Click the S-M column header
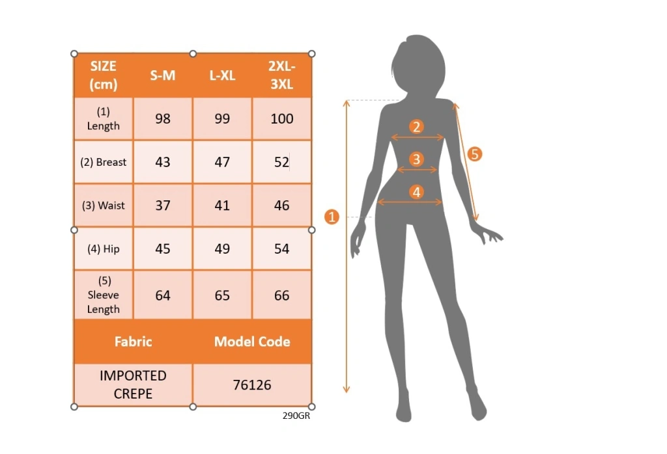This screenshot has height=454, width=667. coord(162,75)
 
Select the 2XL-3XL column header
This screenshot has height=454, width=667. coord(281,75)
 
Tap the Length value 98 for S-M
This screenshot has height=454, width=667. coord(162,118)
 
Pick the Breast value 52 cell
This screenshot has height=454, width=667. coord(281,162)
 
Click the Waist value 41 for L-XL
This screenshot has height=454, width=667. coord(222,205)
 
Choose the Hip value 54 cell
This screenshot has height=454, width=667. coord(281,248)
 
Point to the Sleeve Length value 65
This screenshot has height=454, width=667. coord(222,295)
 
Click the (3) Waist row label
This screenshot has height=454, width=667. coord(104,206)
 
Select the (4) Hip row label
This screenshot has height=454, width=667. coord(104,249)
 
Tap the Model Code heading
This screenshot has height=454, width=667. coord(252,341)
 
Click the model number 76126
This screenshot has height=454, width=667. coord(252,385)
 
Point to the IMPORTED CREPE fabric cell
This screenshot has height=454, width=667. coord(133,385)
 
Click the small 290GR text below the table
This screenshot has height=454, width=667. coord(296,416)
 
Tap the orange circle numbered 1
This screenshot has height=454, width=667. coord(332,217)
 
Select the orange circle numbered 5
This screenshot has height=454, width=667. coord(475,154)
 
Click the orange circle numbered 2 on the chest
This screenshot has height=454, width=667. coord(416,127)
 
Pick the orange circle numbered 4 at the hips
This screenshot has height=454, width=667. coord(416,192)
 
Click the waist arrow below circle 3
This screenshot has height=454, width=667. coord(417,170)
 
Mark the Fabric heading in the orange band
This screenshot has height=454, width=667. coord(133,341)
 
